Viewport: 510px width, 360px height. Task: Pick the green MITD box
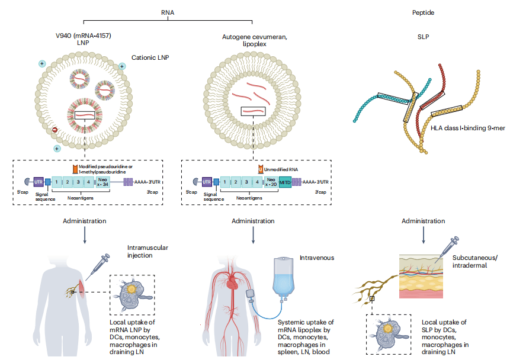285,183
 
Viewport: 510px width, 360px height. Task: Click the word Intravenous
317,258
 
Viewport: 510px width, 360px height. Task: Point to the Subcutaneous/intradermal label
471,262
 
